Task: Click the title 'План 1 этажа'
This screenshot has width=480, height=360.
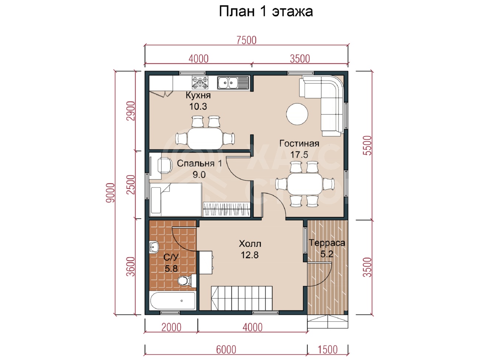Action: tap(266, 11)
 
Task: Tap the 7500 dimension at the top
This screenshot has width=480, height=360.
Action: tap(246, 40)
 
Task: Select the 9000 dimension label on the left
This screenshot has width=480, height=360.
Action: tap(110, 193)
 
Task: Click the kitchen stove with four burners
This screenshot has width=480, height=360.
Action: tap(200, 83)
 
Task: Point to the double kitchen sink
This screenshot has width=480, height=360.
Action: tap(233, 83)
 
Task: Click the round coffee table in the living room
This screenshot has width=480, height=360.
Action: tap(297, 114)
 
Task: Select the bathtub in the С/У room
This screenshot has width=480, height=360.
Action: tap(172, 301)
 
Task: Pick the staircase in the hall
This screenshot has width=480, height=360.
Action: tap(241, 298)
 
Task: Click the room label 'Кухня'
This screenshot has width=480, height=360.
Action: tap(198, 95)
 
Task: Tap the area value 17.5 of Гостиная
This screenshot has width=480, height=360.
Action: tap(299, 155)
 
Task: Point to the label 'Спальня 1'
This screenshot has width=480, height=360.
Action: tap(199, 164)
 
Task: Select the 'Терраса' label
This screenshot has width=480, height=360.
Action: tap(327, 243)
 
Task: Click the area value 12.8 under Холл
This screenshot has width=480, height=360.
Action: tap(250, 255)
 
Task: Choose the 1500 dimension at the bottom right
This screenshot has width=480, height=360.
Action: tap(328, 350)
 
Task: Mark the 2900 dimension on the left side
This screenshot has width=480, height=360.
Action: tap(131, 111)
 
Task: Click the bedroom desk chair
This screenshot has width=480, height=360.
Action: tap(165, 165)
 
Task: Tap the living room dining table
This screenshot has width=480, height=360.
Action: tap(305, 184)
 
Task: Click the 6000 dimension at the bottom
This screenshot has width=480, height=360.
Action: tap(226, 350)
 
